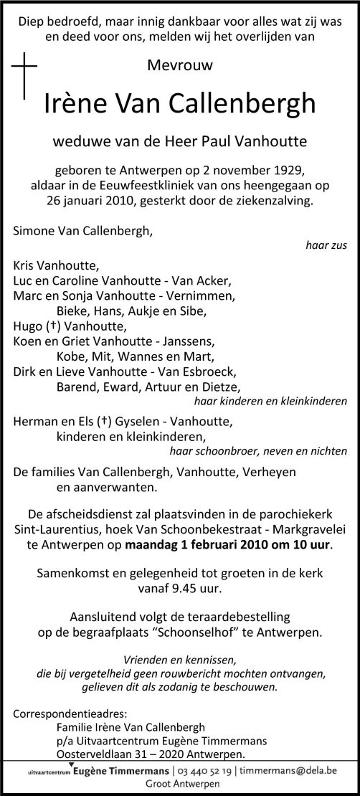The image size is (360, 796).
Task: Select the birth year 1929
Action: tap(285, 170)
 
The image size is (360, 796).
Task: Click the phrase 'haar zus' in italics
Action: tap(326, 245)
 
